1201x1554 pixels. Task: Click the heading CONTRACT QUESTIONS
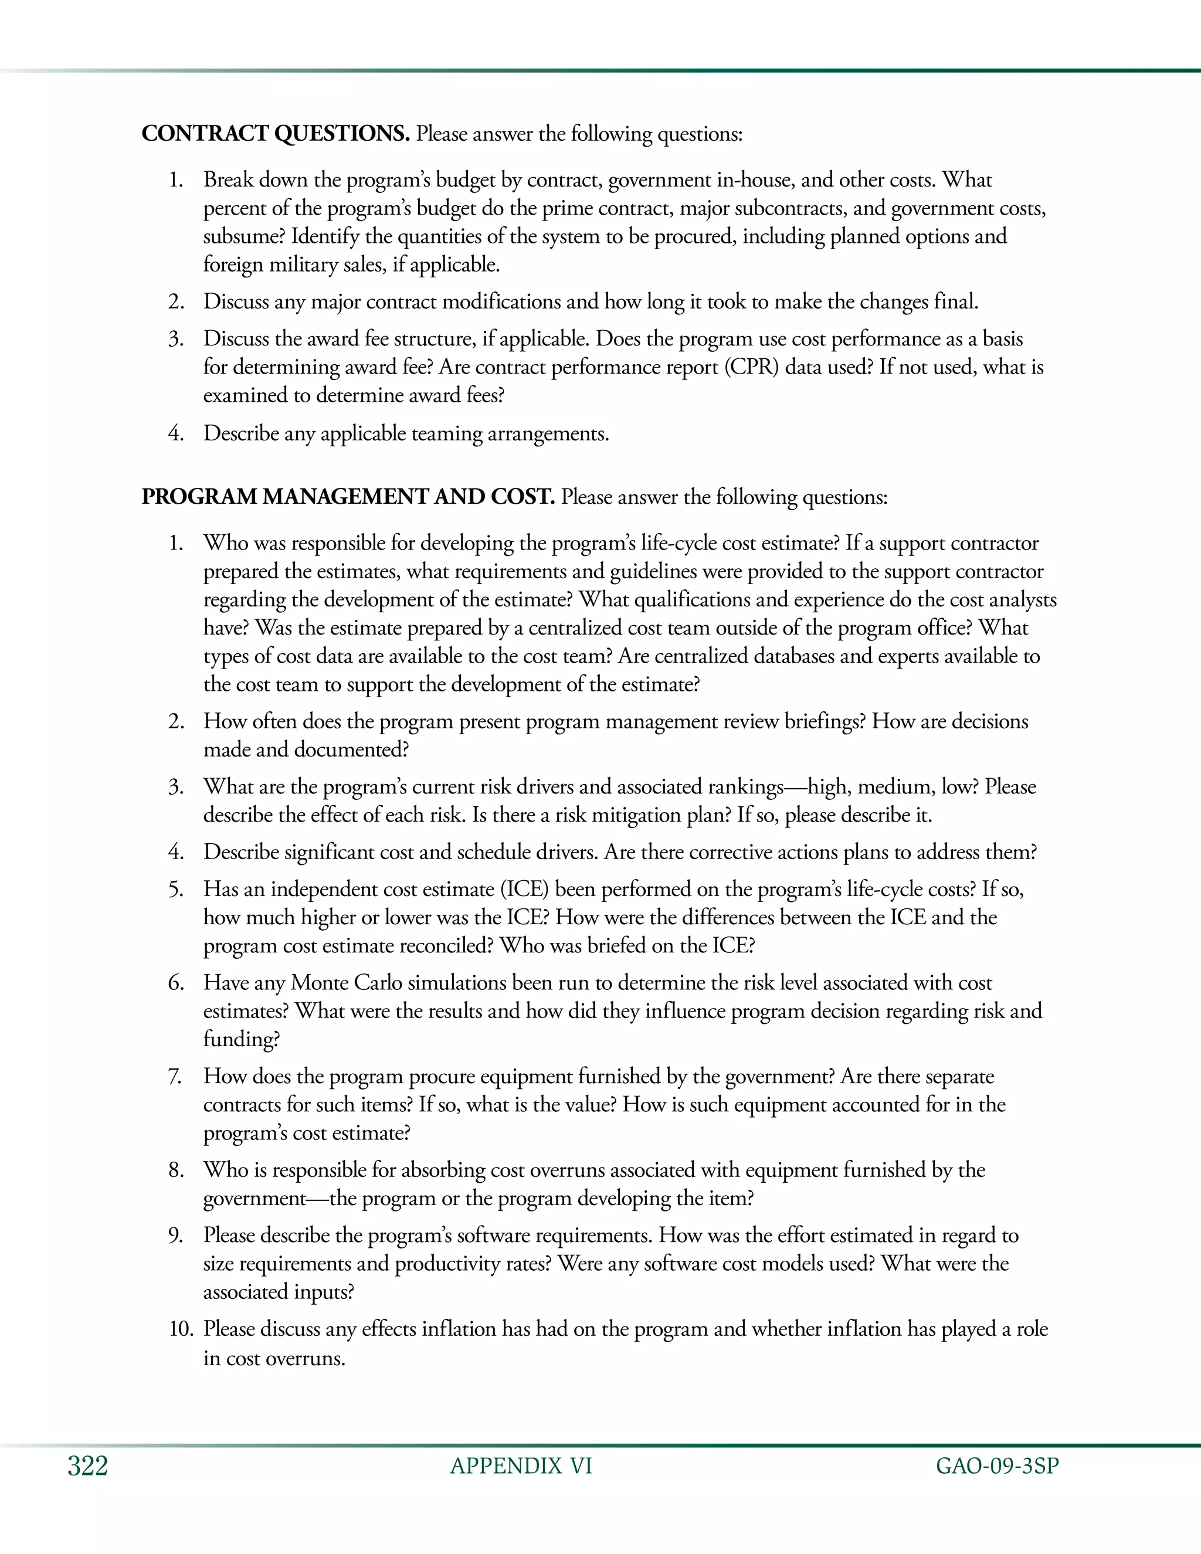click(276, 134)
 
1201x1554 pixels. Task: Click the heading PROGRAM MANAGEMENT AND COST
click(348, 497)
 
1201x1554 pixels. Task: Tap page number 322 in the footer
click(87, 1467)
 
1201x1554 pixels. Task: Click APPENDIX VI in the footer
click(521, 1467)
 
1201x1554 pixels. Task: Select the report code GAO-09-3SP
click(997, 1467)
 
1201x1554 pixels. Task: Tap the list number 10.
click(181, 1329)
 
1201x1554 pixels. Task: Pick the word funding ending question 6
click(241, 1040)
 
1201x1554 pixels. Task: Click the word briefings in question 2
click(825, 721)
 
